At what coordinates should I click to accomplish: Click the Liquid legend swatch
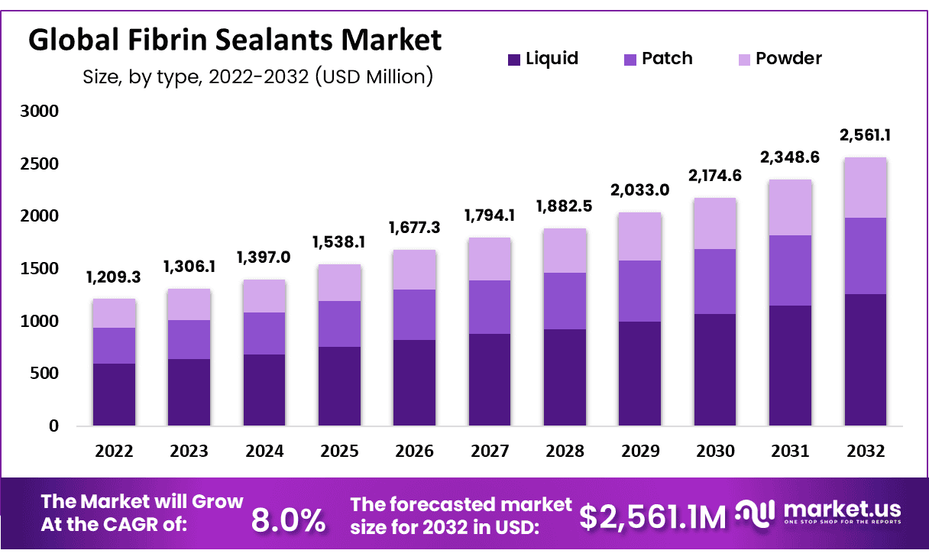point(514,59)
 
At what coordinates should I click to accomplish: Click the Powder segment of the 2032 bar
point(865,187)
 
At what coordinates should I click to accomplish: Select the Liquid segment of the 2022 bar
point(114,394)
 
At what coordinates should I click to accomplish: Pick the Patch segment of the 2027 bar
point(490,307)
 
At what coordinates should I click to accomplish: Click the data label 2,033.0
point(640,190)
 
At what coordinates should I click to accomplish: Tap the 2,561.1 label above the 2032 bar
point(866,135)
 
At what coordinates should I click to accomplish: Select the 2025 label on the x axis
point(339,451)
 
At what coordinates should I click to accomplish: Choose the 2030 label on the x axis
point(715,451)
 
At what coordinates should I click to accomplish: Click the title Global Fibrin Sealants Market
point(235,40)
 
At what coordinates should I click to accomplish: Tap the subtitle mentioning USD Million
point(257,76)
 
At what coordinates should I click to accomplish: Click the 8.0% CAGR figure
point(288,520)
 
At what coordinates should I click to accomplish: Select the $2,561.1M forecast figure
point(652,518)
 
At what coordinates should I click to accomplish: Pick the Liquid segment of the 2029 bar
point(640,374)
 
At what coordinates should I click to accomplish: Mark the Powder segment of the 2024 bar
point(264,296)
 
